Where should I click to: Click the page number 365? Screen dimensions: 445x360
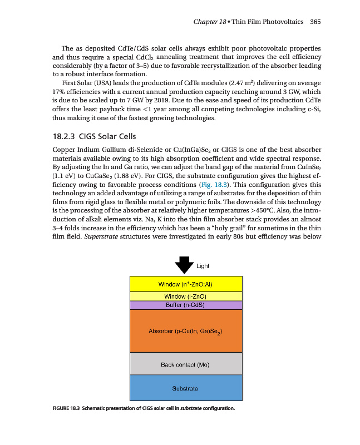pyautogui.click(x=316, y=22)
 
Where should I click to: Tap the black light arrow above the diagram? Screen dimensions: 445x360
pyautogui.click(x=185, y=264)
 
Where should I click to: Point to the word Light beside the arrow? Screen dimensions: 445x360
pyautogui.click(x=203, y=266)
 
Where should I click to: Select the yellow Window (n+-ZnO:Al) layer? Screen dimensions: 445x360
pyautogui.click(x=186, y=284)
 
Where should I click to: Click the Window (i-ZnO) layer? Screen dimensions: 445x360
pyautogui.click(x=186, y=296)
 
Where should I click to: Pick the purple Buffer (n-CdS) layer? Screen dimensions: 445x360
pyautogui.click(x=186, y=305)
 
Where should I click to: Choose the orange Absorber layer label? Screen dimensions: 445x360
pyautogui.click(x=186, y=332)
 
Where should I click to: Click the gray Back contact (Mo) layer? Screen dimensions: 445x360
pyautogui.click(x=186, y=364)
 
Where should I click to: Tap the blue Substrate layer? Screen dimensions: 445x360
pyautogui.click(x=186, y=388)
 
